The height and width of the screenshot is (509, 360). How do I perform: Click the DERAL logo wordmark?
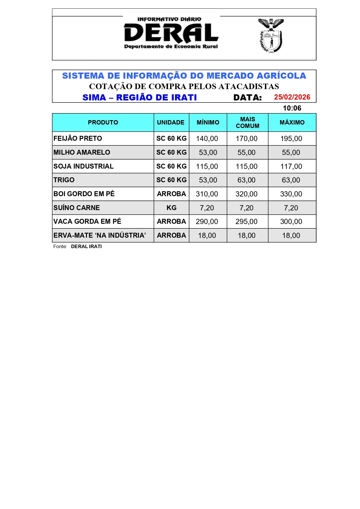pyautogui.click(x=171, y=33)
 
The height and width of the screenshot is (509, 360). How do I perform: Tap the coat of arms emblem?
pyautogui.click(x=271, y=36)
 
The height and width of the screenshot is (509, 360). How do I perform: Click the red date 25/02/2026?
pyautogui.click(x=292, y=97)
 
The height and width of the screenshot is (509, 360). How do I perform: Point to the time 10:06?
pyautogui.click(x=292, y=108)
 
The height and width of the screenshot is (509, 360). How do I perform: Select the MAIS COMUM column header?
pyautogui.click(x=247, y=122)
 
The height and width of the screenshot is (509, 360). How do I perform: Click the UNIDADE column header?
pyautogui.click(x=171, y=122)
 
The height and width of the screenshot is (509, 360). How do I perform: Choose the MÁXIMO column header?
pyautogui.click(x=292, y=122)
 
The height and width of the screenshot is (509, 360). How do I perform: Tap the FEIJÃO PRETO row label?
pyautogui.click(x=78, y=138)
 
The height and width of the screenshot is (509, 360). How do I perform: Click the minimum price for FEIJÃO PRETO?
pyautogui.click(x=207, y=139)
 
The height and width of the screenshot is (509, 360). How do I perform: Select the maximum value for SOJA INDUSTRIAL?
pyautogui.click(x=291, y=166)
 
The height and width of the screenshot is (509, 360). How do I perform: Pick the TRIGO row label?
pyautogui.click(x=64, y=180)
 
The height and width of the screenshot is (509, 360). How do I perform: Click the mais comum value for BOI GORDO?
pyautogui.click(x=246, y=194)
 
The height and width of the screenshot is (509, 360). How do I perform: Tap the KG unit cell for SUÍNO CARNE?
pyautogui.click(x=171, y=208)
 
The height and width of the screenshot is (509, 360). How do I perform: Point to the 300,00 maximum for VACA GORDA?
pyautogui.click(x=291, y=222)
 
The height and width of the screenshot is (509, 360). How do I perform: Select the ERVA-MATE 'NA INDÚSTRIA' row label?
pyautogui.click(x=100, y=235)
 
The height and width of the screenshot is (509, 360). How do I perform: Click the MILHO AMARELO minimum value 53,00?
pyautogui.click(x=208, y=153)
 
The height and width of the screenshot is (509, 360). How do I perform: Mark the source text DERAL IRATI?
pyautogui.click(x=86, y=246)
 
